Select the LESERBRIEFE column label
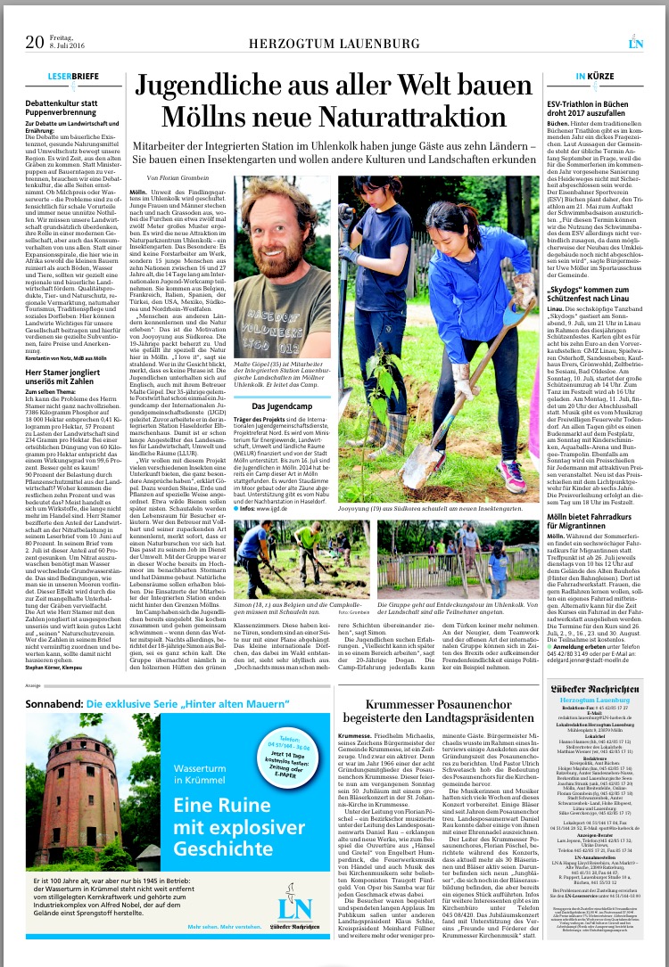73,77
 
